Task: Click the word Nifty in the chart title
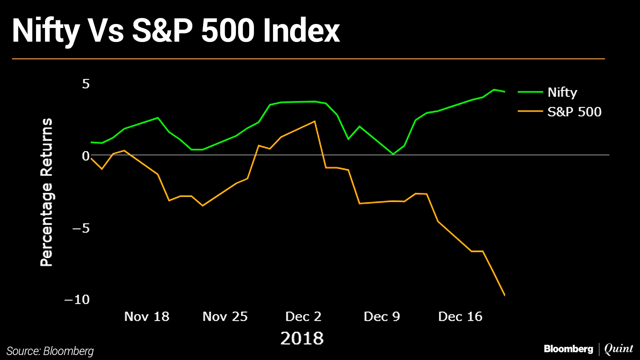click(x=46, y=31)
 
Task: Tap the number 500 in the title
click(x=228, y=31)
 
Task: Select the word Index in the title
click(x=301, y=31)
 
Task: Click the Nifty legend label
click(x=562, y=92)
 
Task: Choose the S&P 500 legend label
click(x=574, y=112)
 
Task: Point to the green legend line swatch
click(x=530, y=92)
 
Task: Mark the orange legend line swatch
click(x=530, y=111)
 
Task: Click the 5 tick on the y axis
click(x=86, y=84)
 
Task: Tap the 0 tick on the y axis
click(x=86, y=156)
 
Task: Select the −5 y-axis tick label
click(x=81, y=228)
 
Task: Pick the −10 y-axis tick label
click(x=77, y=300)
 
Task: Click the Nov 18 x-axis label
click(x=147, y=317)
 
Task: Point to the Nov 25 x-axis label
click(x=225, y=317)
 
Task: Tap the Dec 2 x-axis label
click(x=303, y=317)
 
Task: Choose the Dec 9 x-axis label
click(x=382, y=317)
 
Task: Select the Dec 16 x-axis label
click(x=460, y=317)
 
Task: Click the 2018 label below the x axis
click(x=302, y=338)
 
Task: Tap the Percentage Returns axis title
click(x=47, y=192)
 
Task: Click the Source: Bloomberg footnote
click(x=50, y=351)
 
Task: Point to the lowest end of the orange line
click(x=504, y=295)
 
